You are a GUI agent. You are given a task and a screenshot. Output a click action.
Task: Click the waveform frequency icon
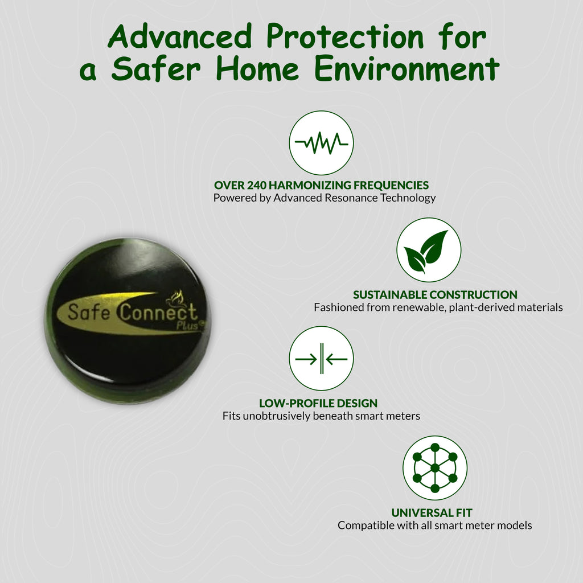click(321, 143)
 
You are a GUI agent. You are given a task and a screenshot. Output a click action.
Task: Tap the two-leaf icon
click(429, 250)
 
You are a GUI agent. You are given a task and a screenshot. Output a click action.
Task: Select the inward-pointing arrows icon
click(321, 359)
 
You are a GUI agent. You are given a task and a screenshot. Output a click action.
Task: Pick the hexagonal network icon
click(434, 468)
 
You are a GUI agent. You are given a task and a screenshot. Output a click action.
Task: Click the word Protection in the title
click(345, 36)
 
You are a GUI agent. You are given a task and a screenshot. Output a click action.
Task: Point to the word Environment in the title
click(407, 69)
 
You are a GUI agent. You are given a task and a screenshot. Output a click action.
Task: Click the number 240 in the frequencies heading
click(257, 185)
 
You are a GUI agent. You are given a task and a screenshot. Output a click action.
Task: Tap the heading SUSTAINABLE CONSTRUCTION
click(435, 295)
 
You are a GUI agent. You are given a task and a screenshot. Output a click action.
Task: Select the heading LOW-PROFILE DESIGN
click(318, 404)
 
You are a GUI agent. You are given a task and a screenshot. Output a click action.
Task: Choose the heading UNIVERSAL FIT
click(432, 513)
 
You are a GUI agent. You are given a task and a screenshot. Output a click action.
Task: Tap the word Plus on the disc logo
click(188, 325)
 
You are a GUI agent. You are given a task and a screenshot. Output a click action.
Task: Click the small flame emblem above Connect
click(175, 298)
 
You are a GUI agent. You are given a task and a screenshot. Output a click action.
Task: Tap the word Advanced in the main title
click(180, 36)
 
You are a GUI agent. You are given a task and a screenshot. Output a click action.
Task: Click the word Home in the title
click(257, 69)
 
